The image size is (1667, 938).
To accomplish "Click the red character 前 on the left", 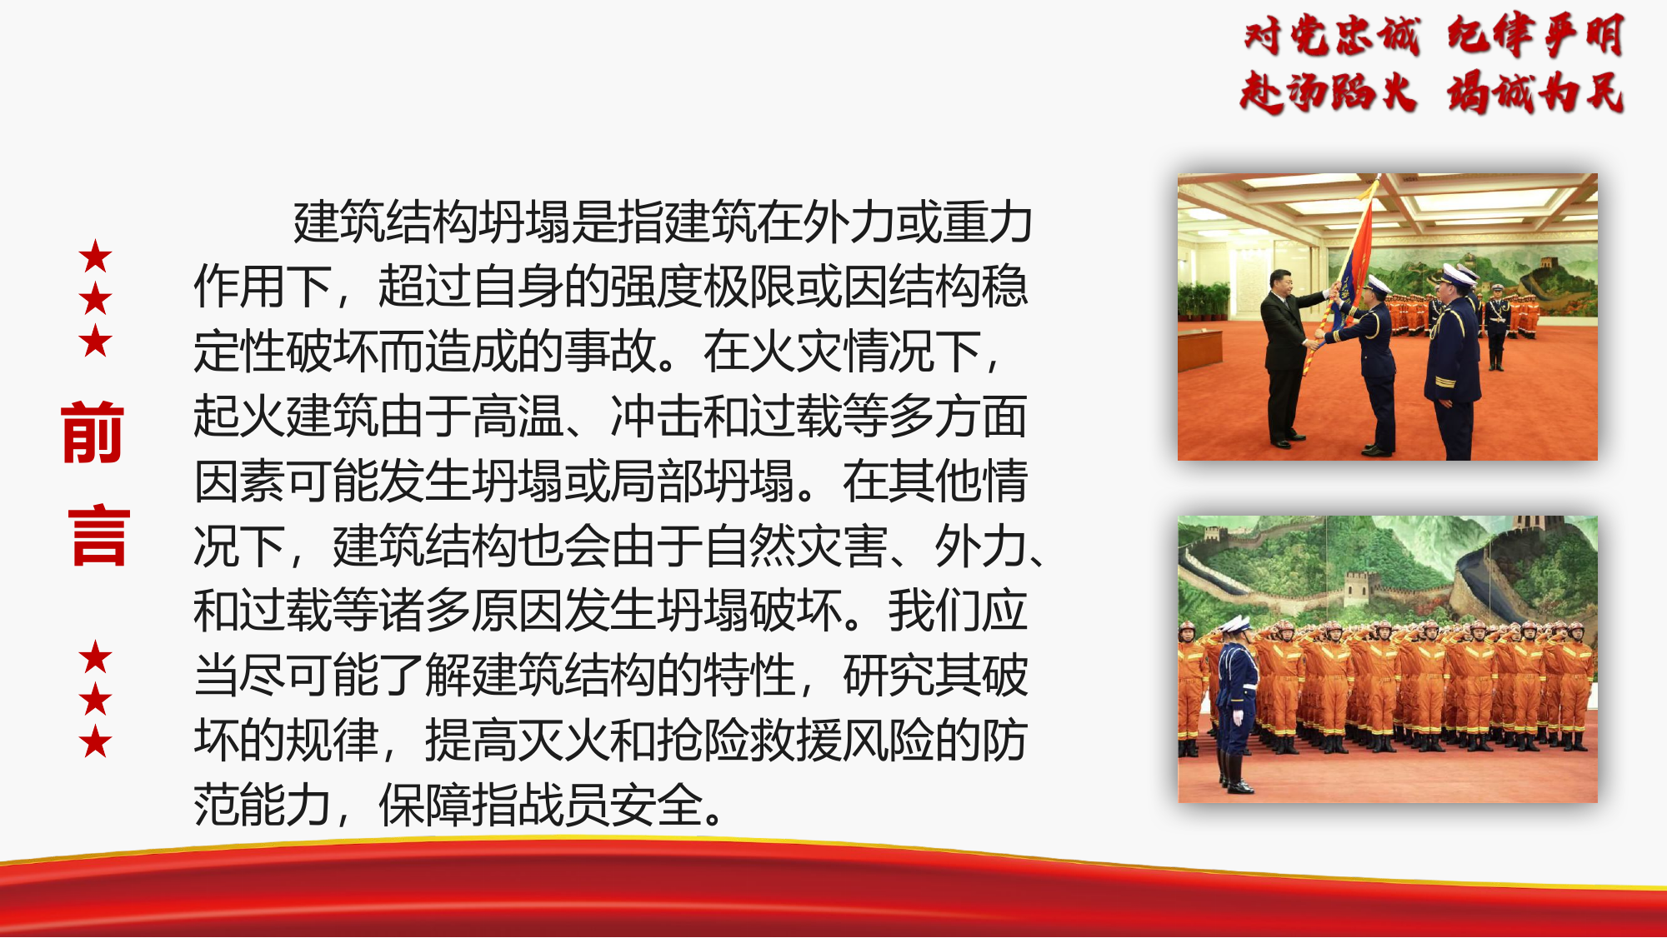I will pos(93,432).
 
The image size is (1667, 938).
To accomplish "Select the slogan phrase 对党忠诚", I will pos(1331,37).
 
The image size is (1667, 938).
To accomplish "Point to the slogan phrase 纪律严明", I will pos(1535,37).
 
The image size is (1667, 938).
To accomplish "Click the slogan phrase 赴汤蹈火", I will pos(1328,92).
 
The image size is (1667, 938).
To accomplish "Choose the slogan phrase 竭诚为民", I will pos(1535,92).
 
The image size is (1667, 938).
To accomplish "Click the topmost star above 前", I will pos(96,257).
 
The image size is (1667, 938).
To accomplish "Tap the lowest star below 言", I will pos(96,741).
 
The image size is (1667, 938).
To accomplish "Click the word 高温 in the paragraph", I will pos(517,417).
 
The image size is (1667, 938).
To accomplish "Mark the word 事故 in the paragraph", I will pos(610,352).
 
